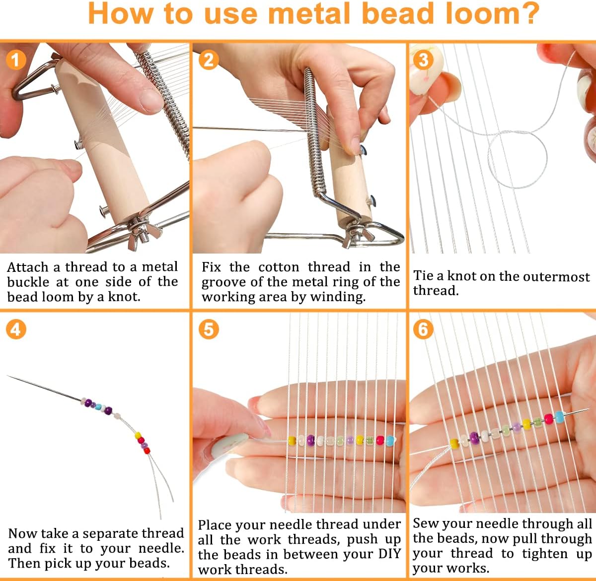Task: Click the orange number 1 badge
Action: coord(15,60)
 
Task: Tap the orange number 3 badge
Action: coord(423,60)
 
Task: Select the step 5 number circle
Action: coord(209,329)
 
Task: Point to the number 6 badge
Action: coord(423,329)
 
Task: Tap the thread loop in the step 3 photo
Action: coord(517,159)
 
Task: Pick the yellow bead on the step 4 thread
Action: coord(138,436)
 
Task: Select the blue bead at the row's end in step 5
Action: coord(390,440)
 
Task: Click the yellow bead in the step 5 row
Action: coord(292,440)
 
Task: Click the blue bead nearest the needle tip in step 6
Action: coord(559,416)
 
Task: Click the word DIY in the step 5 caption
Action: coord(389,554)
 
